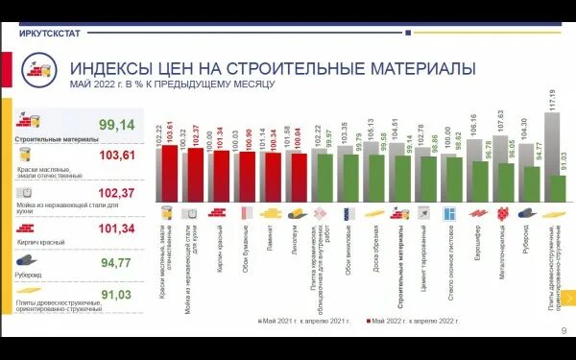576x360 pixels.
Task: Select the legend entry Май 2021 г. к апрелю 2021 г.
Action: (307, 319)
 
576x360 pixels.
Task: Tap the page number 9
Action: (564, 332)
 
